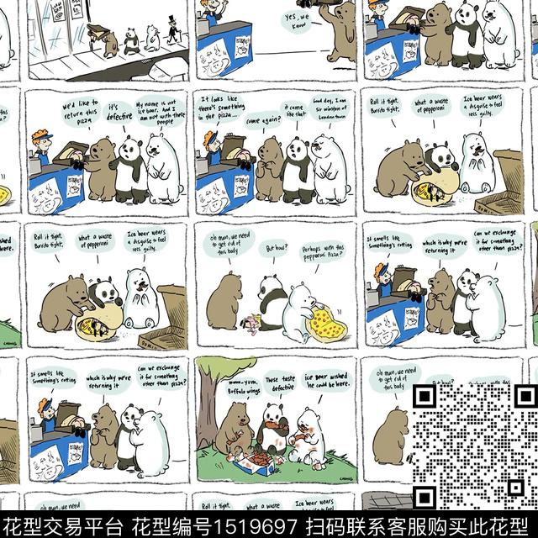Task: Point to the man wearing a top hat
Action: click(173, 29)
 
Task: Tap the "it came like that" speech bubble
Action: click(294, 113)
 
